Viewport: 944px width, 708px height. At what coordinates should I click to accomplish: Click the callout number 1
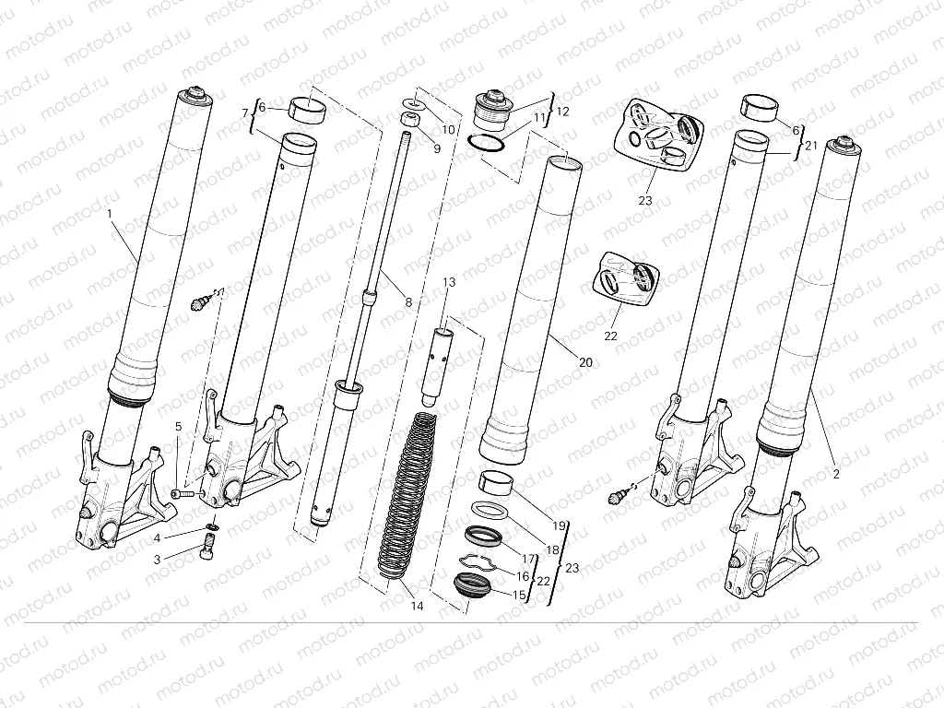[x=110, y=214]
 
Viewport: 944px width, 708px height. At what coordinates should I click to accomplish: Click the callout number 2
[x=835, y=475]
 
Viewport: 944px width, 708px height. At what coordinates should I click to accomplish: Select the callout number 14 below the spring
[x=417, y=606]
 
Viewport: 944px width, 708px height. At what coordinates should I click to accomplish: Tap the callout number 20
[x=560, y=363]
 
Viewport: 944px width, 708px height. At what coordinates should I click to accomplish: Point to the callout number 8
[x=408, y=301]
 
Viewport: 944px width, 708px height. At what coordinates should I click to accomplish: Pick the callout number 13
[x=449, y=281]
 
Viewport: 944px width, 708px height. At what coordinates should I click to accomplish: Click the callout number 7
[x=245, y=113]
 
